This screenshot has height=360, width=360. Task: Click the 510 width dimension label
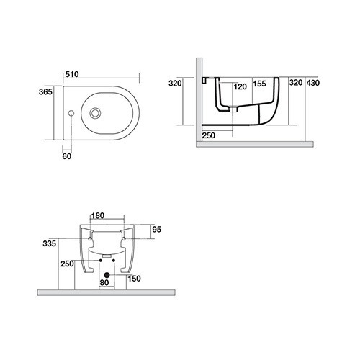coord(72,74)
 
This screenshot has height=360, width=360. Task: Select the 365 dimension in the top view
coord(45,91)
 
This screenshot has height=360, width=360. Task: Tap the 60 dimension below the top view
coord(67,156)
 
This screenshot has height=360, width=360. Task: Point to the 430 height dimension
coord(313,83)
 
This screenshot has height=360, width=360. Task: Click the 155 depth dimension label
coord(260,84)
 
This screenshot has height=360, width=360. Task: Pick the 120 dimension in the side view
coord(240,86)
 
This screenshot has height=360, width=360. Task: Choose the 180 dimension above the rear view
coord(98,215)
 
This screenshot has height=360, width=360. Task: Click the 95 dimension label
coord(157,230)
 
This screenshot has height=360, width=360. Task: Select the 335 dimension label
coord(50,243)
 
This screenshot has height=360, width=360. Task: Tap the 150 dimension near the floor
coord(134,279)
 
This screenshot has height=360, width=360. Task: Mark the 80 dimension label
coord(104,283)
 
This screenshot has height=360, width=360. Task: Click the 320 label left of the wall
coord(175,84)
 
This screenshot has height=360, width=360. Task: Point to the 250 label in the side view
coord(209,135)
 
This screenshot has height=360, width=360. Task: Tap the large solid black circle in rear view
coord(107,275)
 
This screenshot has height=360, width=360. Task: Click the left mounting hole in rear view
coord(90,239)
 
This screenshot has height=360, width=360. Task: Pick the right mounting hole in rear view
coord(124,239)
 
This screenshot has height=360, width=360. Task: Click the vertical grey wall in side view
coord(199,99)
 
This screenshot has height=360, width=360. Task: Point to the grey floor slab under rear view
coord(107,292)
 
